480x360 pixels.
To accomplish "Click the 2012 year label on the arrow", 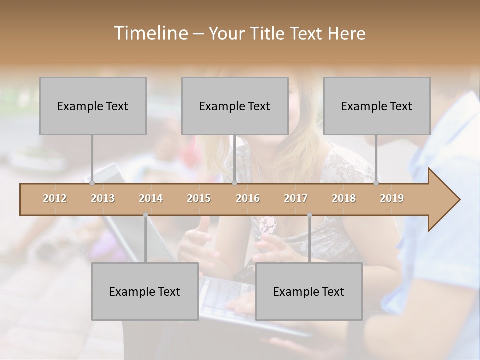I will click(55, 198).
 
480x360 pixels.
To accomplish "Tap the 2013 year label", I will click(103, 198).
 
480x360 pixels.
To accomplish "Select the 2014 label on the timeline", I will click(151, 198).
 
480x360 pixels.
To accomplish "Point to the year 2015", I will click(199, 198).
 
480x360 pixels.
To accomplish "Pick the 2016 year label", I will click(248, 198).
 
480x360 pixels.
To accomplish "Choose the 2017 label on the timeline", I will click(296, 198).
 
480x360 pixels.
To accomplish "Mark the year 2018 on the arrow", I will click(344, 198).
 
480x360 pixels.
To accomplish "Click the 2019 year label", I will click(392, 198).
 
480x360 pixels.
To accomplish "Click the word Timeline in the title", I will click(150, 33).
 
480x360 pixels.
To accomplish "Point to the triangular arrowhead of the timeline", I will click(444, 200).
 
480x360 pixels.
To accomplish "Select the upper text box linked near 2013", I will click(93, 106).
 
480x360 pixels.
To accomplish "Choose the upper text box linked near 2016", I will click(235, 106).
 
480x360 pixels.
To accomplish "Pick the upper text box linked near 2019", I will click(377, 106).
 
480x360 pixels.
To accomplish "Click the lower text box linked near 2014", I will click(145, 291).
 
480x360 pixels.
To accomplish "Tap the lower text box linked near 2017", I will click(309, 291).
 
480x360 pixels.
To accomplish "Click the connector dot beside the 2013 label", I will click(92, 183).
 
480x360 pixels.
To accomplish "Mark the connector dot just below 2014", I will click(145, 215).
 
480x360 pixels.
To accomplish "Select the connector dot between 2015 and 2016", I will click(234, 183).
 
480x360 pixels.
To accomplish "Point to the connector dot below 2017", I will click(309, 215).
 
